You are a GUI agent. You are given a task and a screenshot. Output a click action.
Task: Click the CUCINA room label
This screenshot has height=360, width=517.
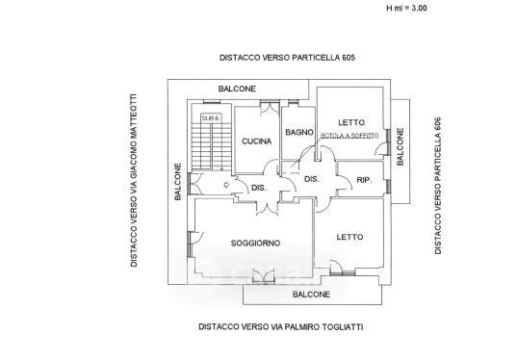pyautogui.click(x=256, y=141)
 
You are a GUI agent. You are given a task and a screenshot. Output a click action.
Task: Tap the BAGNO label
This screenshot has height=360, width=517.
pyautogui.click(x=299, y=133)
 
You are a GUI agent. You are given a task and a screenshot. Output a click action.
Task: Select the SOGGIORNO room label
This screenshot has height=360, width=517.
pyautogui.click(x=255, y=244)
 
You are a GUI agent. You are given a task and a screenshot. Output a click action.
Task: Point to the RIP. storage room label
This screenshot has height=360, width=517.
pyautogui.click(x=364, y=180)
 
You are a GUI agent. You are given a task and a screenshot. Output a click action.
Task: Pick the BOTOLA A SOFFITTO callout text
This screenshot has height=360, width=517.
pyautogui.click(x=349, y=136)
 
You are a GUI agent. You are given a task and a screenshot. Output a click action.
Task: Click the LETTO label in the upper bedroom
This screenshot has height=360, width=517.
pyautogui.click(x=351, y=122)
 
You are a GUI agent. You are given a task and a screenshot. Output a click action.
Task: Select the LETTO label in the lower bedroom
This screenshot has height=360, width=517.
pyautogui.click(x=349, y=237)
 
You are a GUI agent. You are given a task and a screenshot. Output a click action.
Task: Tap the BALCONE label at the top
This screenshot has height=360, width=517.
pyautogui.click(x=237, y=89)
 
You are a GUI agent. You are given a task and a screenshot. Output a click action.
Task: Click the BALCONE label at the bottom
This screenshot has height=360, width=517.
pyautogui.click(x=311, y=295)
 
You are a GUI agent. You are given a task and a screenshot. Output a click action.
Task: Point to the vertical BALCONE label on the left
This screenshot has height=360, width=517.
pyautogui.click(x=178, y=182)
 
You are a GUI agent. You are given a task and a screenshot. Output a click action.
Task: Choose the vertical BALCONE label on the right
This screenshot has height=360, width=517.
pyautogui.click(x=400, y=147)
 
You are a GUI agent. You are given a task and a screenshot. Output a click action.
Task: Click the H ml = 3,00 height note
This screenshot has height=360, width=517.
pyautogui.click(x=406, y=8)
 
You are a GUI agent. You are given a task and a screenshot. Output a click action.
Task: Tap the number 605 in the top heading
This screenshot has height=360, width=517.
pyautogui.click(x=349, y=58)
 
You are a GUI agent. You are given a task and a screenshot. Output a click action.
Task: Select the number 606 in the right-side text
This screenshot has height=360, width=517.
pyautogui.click(x=438, y=124)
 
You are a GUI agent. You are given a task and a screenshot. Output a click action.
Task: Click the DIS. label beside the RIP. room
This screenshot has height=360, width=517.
pyautogui.click(x=312, y=179)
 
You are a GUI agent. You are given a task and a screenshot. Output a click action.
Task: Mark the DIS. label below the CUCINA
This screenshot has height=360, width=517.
pyautogui.click(x=259, y=188)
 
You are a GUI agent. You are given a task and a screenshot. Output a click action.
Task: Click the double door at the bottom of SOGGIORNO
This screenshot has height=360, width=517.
pyautogui.click(x=264, y=275)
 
